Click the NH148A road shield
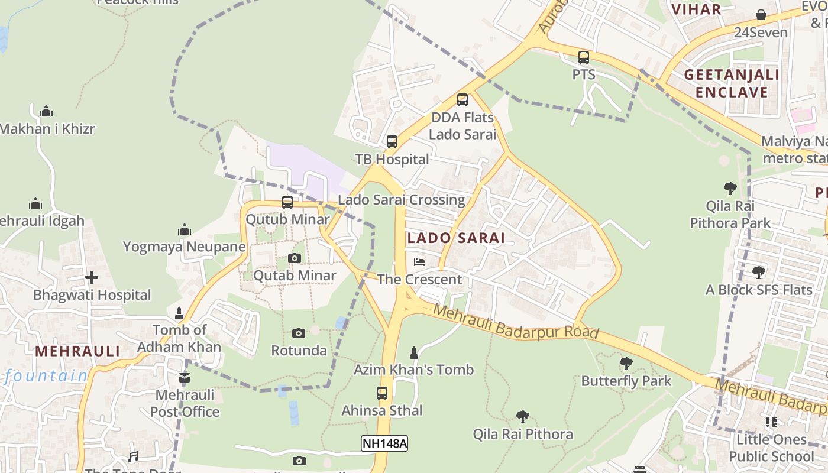[x=384, y=443]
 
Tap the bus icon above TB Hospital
[x=392, y=142]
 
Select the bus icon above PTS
[x=583, y=57]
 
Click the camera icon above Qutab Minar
[x=294, y=258]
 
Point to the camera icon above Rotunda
[x=299, y=333]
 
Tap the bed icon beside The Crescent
[x=419, y=261]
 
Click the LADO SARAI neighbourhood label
[x=456, y=238]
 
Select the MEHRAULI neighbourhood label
[x=77, y=351]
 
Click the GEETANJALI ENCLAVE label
[x=732, y=83]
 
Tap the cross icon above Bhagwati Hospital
[x=92, y=277]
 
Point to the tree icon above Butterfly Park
[x=626, y=364]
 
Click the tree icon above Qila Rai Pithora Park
[x=730, y=189]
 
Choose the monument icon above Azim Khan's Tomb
[x=414, y=353]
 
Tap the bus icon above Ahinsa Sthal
[x=382, y=393]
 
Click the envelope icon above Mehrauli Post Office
[x=185, y=377]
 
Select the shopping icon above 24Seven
[x=761, y=15]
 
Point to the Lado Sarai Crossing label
[x=401, y=200]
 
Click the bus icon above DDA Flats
[x=462, y=100]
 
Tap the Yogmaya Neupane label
[x=184, y=247]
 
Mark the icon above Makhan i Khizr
[x=46, y=111]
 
